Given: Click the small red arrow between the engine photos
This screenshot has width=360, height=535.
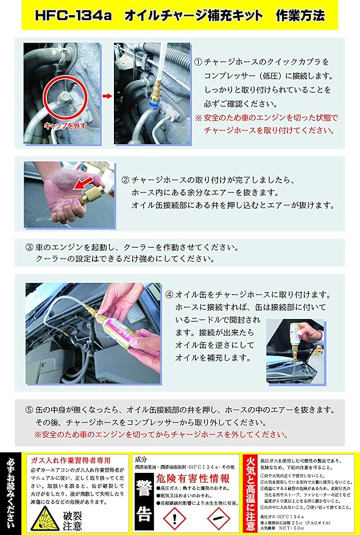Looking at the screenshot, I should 106,96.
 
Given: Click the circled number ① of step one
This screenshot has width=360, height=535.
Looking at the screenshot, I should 198,63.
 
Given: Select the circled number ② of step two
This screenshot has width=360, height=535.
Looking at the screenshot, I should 125,180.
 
